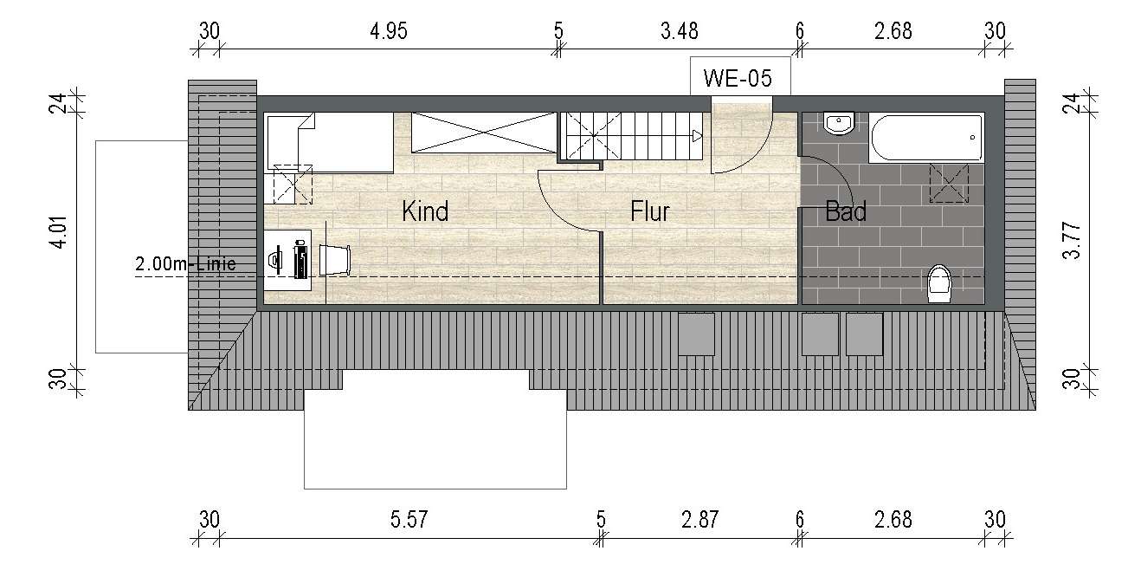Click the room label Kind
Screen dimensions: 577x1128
click(425, 211)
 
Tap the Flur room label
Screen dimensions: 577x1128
click(650, 211)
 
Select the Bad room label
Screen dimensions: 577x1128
click(846, 211)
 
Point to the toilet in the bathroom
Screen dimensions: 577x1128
click(939, 283)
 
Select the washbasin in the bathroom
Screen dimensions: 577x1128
click(839, 125)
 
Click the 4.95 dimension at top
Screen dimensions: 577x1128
click(388, 32)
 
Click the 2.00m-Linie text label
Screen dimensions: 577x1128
click(184, 264)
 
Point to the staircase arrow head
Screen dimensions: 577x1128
click(697, 135)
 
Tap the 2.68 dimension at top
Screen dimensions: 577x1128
click(893, 32)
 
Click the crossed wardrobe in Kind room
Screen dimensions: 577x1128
click(482, 133)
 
